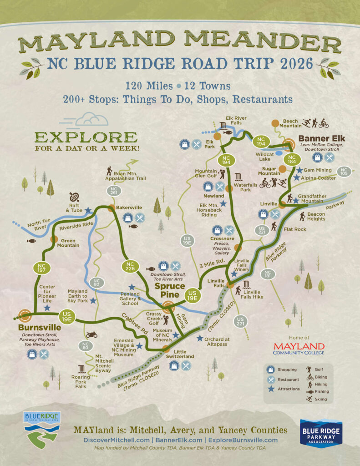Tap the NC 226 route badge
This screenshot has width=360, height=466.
[130, 267]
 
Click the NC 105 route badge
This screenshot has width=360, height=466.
[343, 172]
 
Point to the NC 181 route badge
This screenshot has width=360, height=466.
[267, 274]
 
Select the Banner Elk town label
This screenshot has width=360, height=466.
[321, 138]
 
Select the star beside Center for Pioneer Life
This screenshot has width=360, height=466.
[47, 308]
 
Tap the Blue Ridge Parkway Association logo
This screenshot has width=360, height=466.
[321, 433]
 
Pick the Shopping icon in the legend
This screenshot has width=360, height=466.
[271, 370]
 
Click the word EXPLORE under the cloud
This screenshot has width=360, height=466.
[85, 137]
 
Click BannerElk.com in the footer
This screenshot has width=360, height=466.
[180, 440]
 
